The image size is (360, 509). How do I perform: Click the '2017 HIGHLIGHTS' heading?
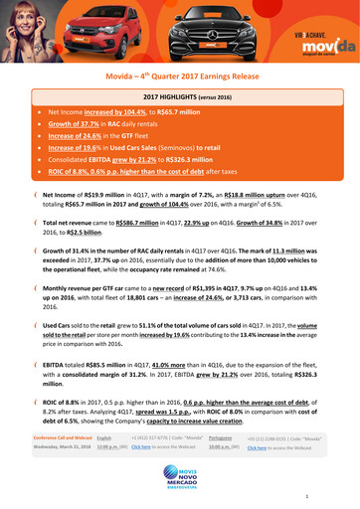pyautogui.click(x=180, y=95)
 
